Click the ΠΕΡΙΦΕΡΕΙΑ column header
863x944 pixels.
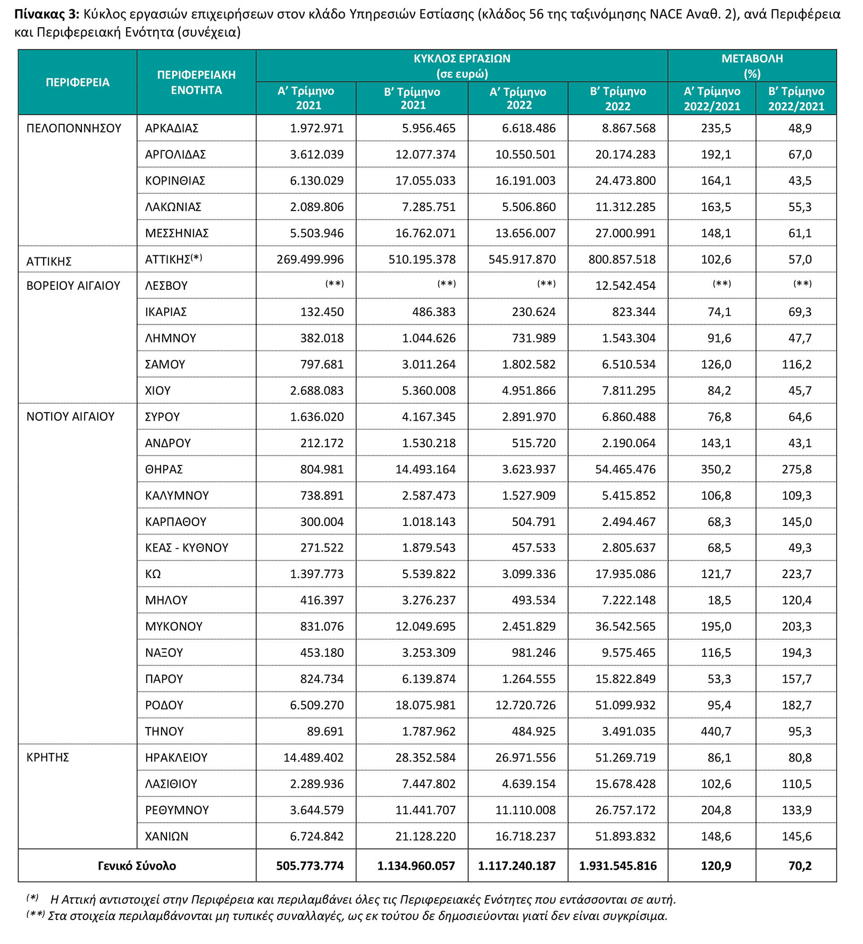(77, 82)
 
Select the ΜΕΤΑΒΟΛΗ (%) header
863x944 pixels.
(751, 66)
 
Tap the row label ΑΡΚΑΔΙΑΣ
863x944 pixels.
(171, 128)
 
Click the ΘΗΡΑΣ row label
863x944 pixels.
(164, 469)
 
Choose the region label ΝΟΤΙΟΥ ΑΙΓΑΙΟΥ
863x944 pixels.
(70, 416)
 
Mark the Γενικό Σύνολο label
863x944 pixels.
(137, 866)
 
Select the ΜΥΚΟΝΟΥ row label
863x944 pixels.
(173, 626)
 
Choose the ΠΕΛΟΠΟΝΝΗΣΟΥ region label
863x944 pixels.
(74, 128)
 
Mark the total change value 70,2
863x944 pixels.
(800, 866)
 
